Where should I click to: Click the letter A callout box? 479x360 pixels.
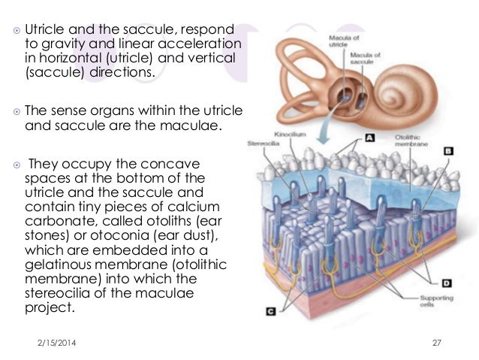point(370,138)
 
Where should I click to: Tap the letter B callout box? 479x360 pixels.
point(449,150)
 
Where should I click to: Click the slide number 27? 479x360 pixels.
point(438,343)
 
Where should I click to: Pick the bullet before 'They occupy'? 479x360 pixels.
point(16,163)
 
